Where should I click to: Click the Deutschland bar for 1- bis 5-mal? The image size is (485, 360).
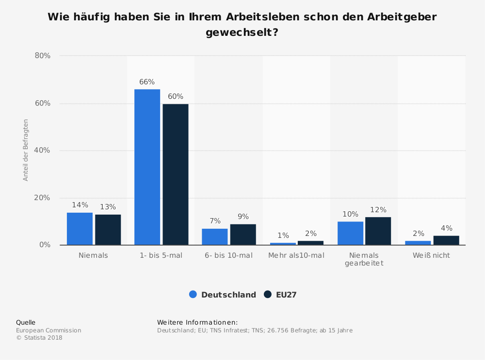click(147, 167)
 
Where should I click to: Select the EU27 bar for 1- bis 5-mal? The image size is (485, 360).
click(176, 174)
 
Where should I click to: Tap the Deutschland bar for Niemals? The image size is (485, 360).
click(80, 229)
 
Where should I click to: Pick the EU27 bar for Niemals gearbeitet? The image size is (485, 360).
click(378, 231)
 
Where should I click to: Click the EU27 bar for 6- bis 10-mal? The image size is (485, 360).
click(243, 235)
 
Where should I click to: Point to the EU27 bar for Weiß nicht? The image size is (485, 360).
click(446, 240)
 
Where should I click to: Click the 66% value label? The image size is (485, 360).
click(147, 82)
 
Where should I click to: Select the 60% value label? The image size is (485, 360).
click(176, 96)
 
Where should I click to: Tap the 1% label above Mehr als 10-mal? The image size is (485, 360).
click(283, 235)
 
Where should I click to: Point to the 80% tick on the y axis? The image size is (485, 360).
click(43, 56)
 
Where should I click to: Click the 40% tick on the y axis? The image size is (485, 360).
click(43, 150)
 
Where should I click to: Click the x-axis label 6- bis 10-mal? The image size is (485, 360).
click(229, 255)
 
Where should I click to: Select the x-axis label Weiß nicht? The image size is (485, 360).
click(431, 255)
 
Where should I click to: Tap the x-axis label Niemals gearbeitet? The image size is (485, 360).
click(364, 259)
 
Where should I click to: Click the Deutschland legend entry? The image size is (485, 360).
click(223, 295)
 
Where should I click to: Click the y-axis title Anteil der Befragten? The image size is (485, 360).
click(26, 150)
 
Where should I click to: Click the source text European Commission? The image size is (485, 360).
click(48, 330)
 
